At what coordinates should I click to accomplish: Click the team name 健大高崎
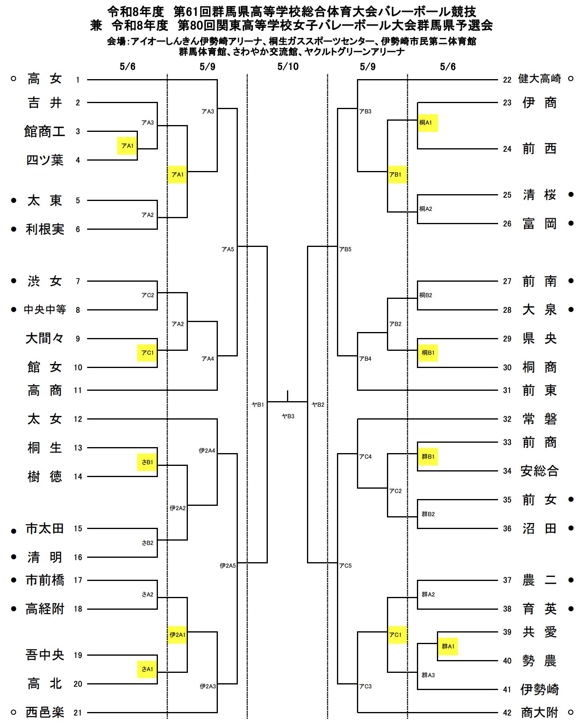tap(539, 79)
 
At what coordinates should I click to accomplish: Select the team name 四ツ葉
tap(45, 160)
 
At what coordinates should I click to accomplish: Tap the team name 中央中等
tap(45, 309)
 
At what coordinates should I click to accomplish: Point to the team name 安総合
tap(539, 471)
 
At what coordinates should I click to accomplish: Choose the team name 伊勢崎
tap(539, 689)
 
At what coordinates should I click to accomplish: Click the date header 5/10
tap(288, 67)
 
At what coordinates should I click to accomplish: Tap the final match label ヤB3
tap(288, 416)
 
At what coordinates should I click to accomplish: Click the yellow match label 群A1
tap(448, 646)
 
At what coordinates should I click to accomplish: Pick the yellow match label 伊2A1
tap(177, 635)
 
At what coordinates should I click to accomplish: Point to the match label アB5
tap(345, 249)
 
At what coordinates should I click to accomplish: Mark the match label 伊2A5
tap(227, 566)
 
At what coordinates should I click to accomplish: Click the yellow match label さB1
tap(147, 462)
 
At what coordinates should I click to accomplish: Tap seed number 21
tap(78, 712)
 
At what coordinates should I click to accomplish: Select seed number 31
tap(507, 390)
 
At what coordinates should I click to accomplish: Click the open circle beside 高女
tap(13, 79)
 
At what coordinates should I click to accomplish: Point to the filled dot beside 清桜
tap(571, 195)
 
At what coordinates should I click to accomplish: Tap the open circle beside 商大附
tap(571, 712)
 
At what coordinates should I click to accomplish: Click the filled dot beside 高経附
tap(14, 609)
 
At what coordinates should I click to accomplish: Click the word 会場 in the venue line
tap(116, 41)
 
